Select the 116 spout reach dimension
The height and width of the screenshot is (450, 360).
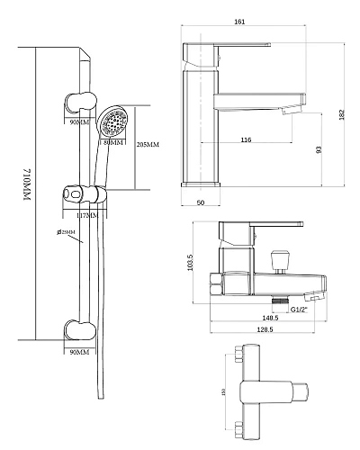(x=246, y=139)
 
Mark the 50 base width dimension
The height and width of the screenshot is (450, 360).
(x=201, y=202)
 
